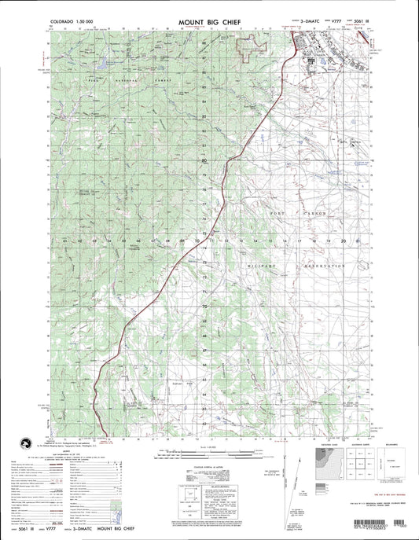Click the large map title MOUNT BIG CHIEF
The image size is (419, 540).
[210, 16]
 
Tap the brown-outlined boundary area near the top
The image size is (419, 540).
[249, 48]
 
